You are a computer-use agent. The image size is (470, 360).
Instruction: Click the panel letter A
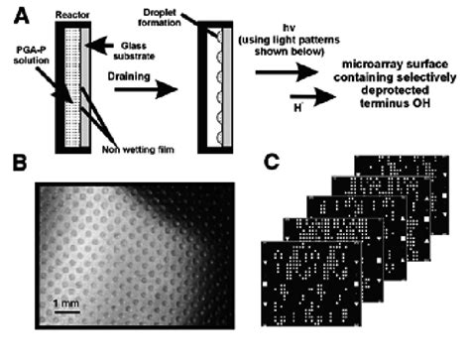click(14, 13)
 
